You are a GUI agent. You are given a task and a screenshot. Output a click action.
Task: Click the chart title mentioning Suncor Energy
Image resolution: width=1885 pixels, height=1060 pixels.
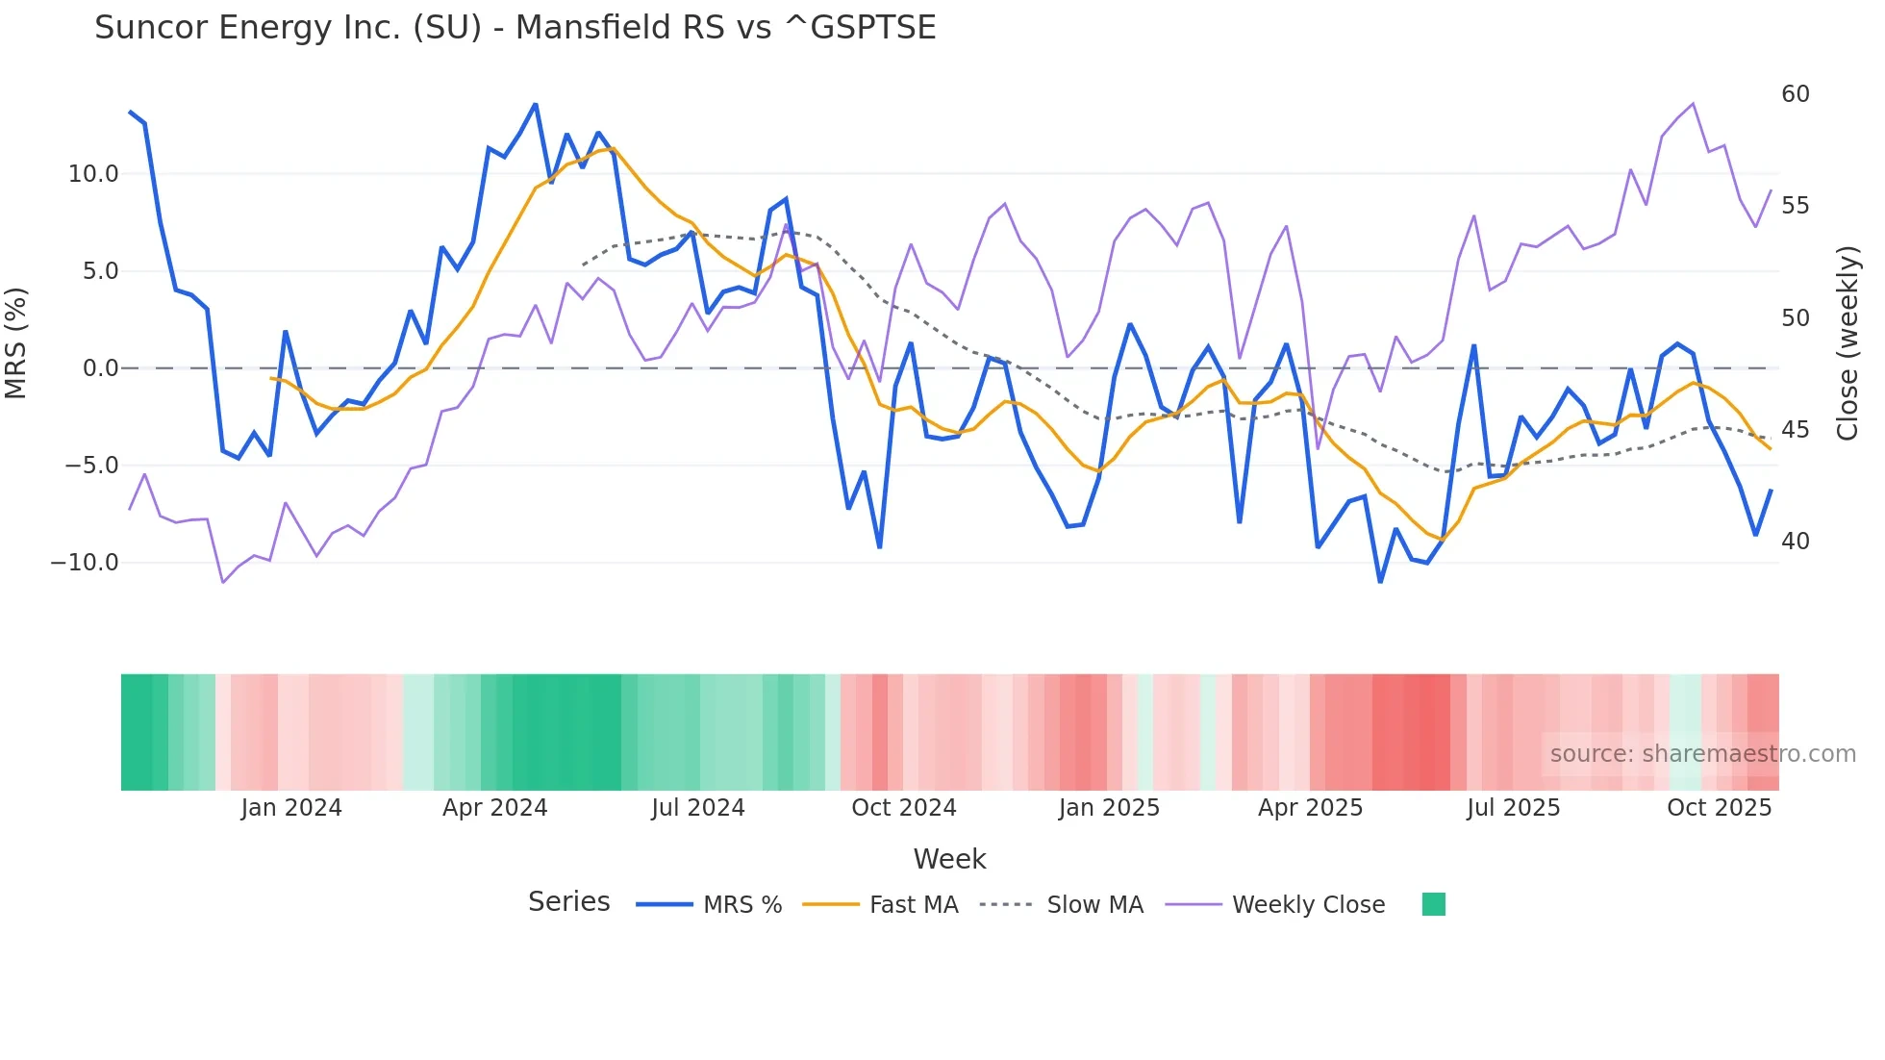(515, 28)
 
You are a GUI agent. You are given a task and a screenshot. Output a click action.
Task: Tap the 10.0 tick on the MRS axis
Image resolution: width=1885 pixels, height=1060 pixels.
(93, 174)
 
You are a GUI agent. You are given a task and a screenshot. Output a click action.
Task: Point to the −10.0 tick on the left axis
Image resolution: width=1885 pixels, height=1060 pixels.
(85, 563)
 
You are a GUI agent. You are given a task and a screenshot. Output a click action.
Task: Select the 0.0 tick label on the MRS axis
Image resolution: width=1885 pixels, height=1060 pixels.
(100, 368)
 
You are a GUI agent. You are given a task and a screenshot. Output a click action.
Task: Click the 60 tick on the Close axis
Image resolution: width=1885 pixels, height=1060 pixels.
(1795, 94)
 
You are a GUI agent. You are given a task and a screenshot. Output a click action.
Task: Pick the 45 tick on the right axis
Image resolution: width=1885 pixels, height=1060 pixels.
(1795, 430)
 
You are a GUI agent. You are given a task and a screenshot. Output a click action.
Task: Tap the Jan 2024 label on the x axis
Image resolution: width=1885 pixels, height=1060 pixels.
(291, 808)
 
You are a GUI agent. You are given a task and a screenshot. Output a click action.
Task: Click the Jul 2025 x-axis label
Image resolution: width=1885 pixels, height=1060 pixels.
(1513, 808)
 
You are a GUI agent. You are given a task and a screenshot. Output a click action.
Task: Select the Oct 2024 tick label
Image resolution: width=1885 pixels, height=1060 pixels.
(903, 808)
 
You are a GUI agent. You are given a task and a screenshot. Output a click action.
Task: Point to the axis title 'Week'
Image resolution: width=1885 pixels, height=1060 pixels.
(949, 859)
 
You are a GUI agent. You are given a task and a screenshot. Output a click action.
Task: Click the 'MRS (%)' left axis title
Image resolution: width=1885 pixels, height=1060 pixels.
(16, 342)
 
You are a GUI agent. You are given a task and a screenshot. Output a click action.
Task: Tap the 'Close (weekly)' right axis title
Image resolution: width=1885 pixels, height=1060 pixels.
(1847, 343)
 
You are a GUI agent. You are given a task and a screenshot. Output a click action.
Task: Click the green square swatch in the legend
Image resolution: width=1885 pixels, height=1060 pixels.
(1433, 904)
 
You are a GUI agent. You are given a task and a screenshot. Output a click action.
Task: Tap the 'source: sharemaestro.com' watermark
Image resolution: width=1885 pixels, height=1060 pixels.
(1702, 754)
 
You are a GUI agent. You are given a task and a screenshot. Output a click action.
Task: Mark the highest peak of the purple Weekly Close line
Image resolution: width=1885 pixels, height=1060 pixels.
(1693, 104)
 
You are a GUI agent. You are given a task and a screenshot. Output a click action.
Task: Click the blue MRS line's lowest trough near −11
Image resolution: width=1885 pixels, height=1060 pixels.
(1380, 581)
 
